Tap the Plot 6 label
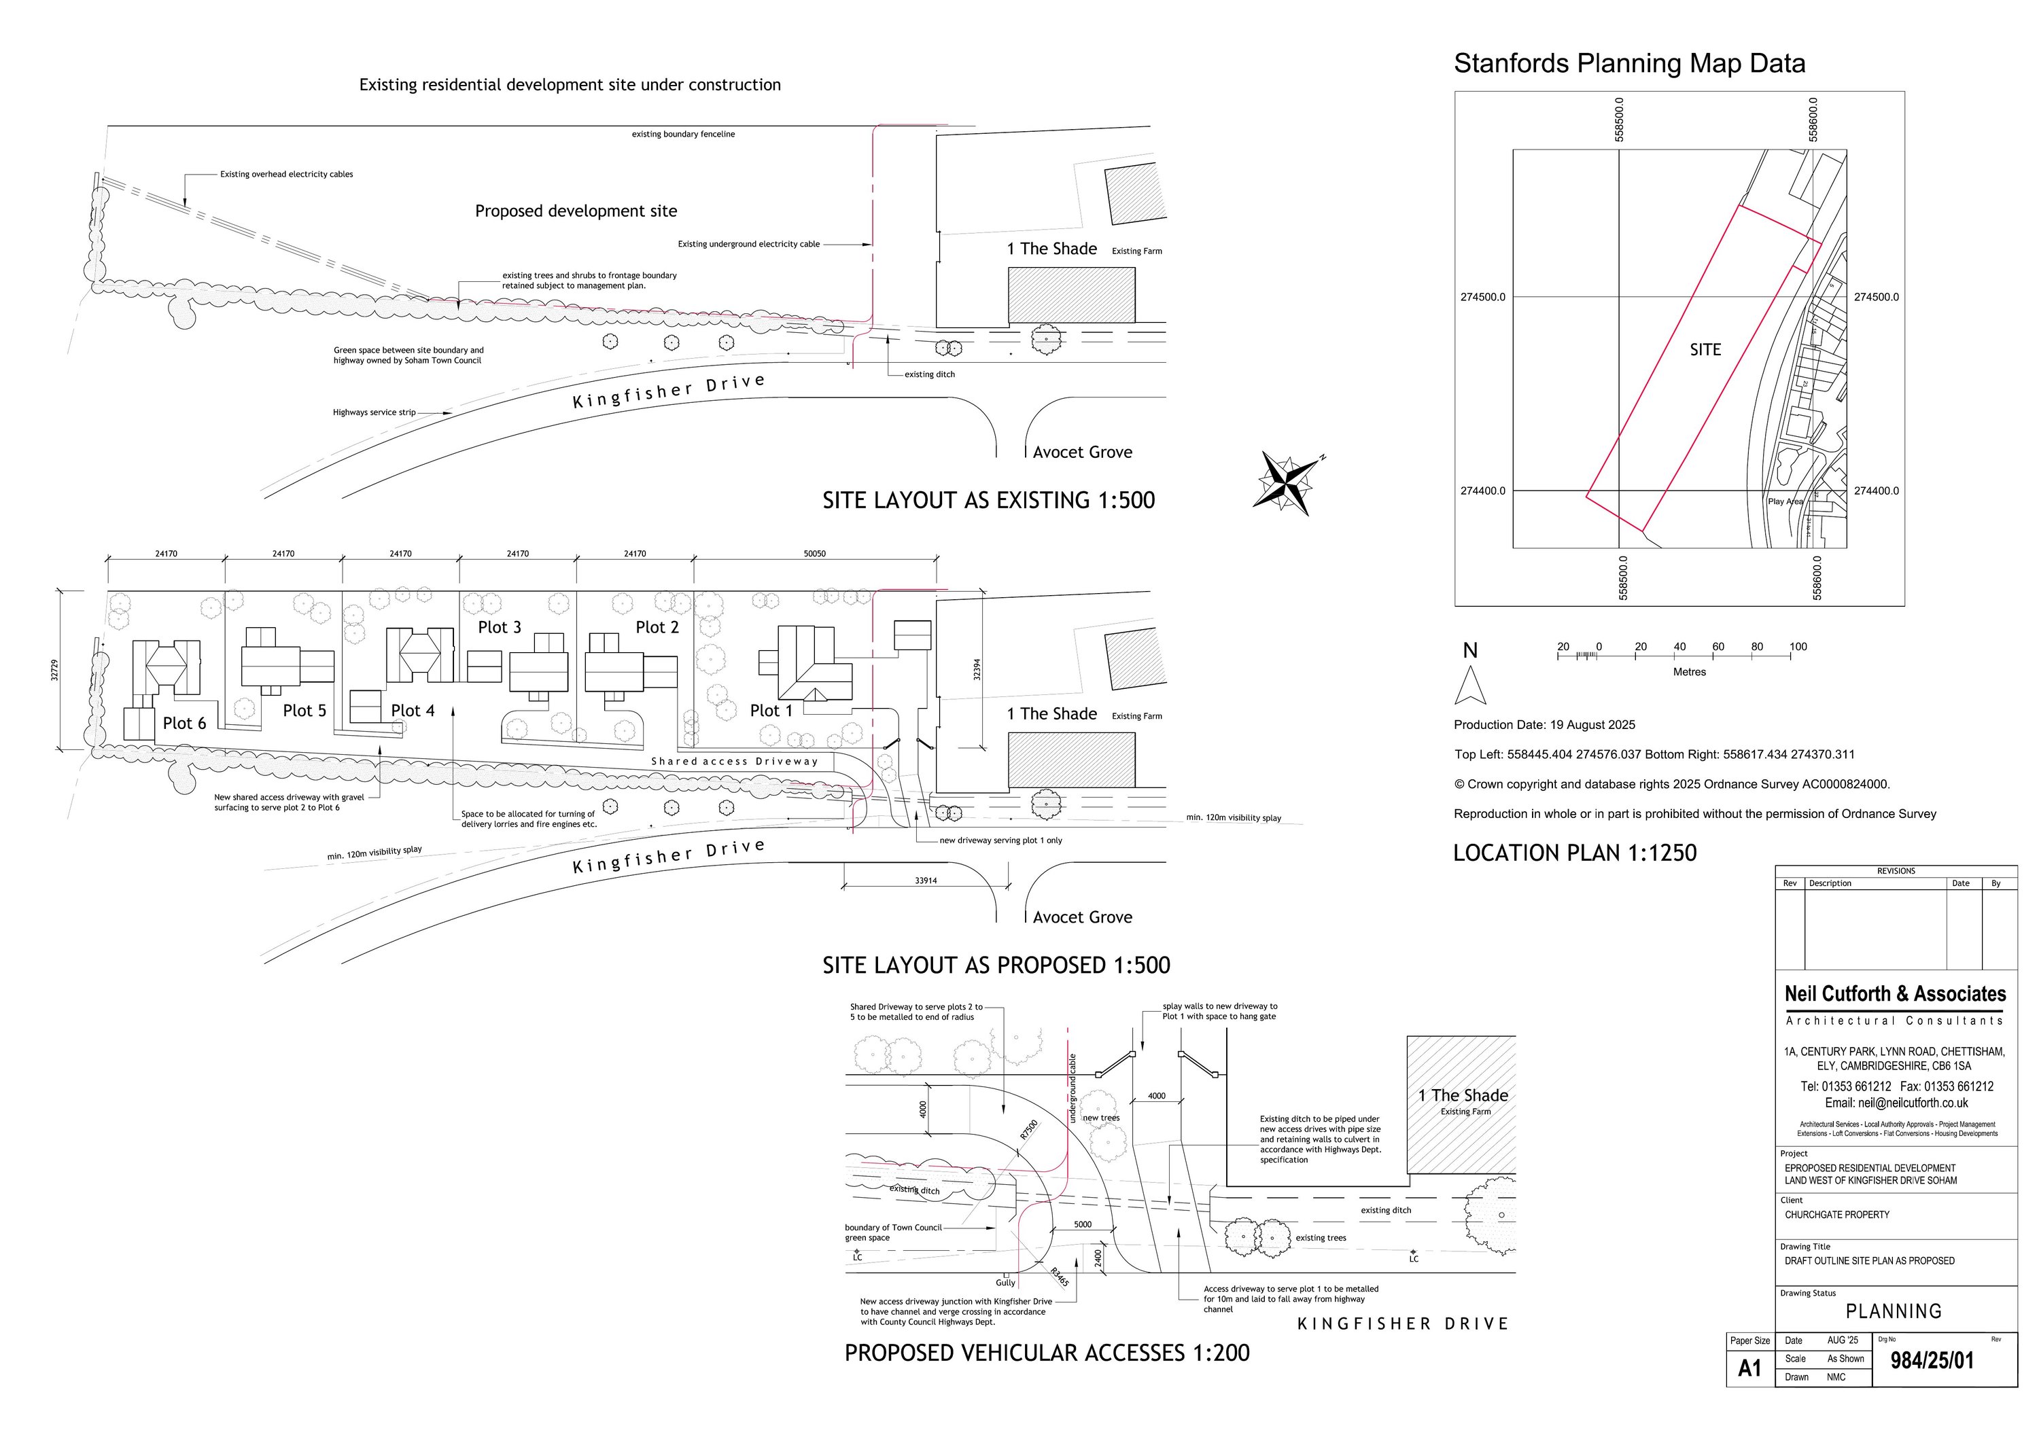click(x=184, y=724)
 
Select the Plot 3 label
click(x=499, y=628)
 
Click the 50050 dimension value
click(x=814, y=554)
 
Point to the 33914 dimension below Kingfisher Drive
click(x=925, y=881)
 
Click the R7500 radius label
click(x=1028, y=1129)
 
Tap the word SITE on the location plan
click(x=1705, y=350)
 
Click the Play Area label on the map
click(x=1785, y=501)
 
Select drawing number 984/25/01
click(x=1932, y=1361)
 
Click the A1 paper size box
click(x=1749, y=1368)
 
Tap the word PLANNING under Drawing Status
click(x=1894, y=1311)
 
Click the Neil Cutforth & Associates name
click(x=1895, y=993)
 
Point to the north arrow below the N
click(x=1469, y=686)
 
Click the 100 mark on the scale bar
click(x=1798, y=647)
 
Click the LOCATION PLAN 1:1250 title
click(x=1575, y=853)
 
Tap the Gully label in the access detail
click(x=1005, y=1283)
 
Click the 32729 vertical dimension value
click(x=55, y=670)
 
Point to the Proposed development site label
click(x=576, y=211)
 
